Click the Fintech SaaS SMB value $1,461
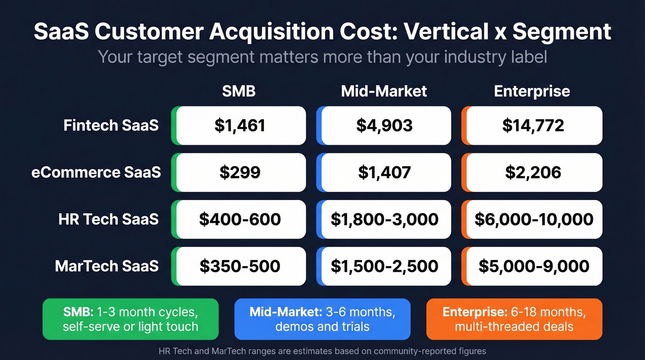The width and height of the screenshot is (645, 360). [240, 126]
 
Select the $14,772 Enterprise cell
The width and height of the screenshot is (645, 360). [533, 126]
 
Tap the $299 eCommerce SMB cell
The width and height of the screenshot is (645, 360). [240, 172]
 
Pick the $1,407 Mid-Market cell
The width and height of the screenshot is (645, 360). [384, 172]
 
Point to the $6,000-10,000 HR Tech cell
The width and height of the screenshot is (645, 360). [534, 219]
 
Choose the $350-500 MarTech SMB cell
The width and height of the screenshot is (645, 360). [240, 266]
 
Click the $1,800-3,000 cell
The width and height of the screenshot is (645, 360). [384, 219]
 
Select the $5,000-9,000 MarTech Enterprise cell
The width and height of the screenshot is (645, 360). [534, 266]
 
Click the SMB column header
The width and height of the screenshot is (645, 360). [239, 91]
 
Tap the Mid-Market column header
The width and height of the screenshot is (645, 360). [384, 91]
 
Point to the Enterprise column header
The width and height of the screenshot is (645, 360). [532, 91]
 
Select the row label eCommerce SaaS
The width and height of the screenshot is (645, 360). [96, 172]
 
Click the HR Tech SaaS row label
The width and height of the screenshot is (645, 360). [109, 219]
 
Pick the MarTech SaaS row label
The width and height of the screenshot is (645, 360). [107, 266]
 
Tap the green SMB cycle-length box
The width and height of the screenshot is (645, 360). [130, 319]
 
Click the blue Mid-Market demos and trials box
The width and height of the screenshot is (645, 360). [322, 319]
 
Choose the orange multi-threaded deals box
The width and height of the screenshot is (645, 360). [514, 319]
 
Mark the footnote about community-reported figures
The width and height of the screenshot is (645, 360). [322, 351]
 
